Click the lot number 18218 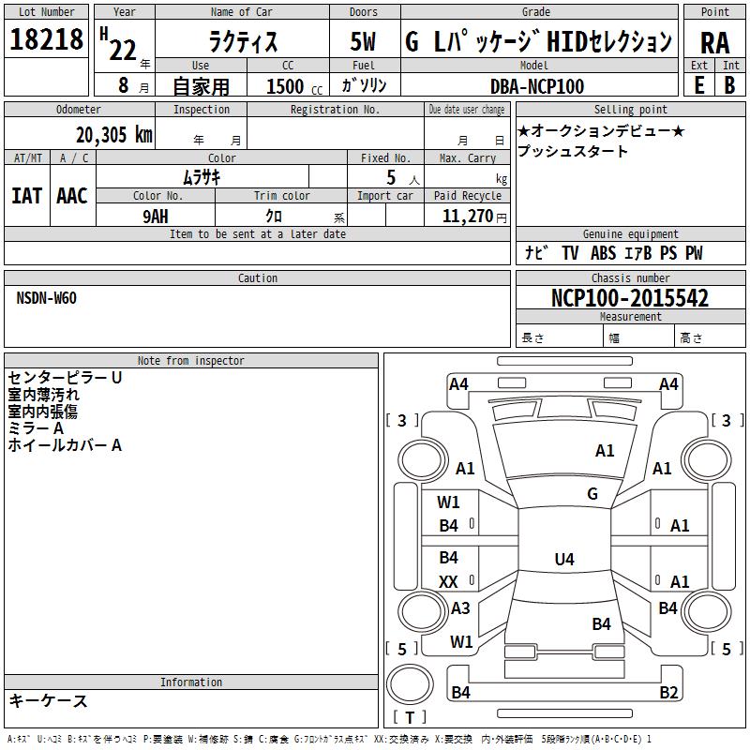click(x=46, y=39)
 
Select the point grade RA click(x=714, y=43)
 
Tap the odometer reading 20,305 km click(x=113, y=135)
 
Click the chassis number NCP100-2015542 click(x=629, y=298)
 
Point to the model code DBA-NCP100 click(x=536, y=86)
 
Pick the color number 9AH click(x=156, y=217)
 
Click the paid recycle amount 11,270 click(x=468, y=217)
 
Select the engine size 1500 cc click(x=294, y=86)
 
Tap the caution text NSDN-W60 click(x=46, y=298)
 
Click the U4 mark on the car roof click(x=564, y=559)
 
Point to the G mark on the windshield click(x=592, y=494)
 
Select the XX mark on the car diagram click(x=448, y=582)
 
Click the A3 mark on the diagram click(x=460, y=607)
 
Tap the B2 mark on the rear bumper click(x=668, y=693)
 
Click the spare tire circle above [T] click(x=410, y=684)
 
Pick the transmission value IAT click(x=27, y=196)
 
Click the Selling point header click(x=630, y=110)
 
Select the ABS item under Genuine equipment click(x=603, y=253)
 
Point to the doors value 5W click(x=363, y=41)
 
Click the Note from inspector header click(x=191, y=361)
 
